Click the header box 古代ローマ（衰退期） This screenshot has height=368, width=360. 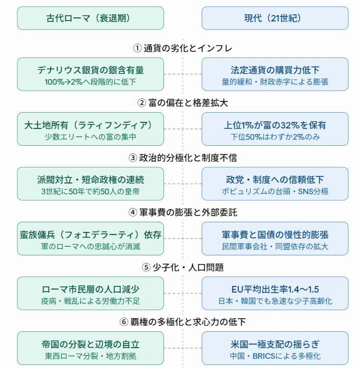[90, 18]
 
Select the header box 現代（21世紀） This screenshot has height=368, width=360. [275, 18]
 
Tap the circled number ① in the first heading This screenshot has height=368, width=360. [137, 48]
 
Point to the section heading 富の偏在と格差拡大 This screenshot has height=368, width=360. [188, 103]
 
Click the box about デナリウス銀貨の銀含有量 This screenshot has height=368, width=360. [90, 74]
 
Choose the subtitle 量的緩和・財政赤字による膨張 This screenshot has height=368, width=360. [275, 82]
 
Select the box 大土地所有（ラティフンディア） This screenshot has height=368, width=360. [90, 129]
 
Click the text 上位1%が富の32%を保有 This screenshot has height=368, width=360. [275, 125]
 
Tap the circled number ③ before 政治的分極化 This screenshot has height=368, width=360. [133, 157]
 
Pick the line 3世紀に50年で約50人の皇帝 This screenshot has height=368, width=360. [90, 192]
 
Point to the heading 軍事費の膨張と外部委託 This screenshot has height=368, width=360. [188, 213]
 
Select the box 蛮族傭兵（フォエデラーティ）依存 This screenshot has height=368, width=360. [90, 239]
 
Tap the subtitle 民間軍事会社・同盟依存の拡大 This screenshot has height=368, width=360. [275, 246]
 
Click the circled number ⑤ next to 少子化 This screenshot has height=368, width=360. [146, 267]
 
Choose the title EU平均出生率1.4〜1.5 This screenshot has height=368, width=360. [275, 290]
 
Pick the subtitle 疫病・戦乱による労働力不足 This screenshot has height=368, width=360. [90, 301]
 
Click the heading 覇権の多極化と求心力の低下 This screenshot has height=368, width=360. [188, 322]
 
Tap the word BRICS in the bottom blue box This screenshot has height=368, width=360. [264, 356]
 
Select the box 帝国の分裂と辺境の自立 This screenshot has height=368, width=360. [90, 348]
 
